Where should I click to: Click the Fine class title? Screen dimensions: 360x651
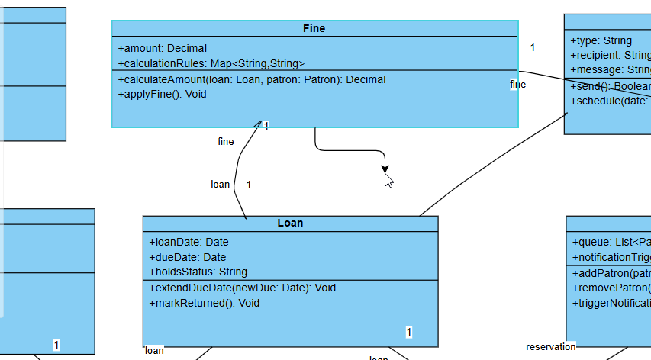[314, 28]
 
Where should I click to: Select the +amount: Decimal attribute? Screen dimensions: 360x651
[162, 48]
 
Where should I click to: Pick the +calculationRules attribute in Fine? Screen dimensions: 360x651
[211, 63]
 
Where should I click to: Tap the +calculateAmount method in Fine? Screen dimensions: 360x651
[252, 79]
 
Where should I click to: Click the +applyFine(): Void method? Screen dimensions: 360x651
[163, 94]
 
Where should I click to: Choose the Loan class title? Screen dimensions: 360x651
[290, 223]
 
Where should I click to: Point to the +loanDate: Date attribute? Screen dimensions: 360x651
[189, 242]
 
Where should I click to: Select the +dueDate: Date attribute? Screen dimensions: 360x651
[188, 257]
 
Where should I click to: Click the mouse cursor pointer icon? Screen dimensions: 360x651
[388, 180]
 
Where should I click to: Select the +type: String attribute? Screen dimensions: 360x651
[601, 40]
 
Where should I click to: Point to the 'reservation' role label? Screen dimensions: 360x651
[550, 347]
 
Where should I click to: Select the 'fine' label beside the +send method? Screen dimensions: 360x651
[517, 85]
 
